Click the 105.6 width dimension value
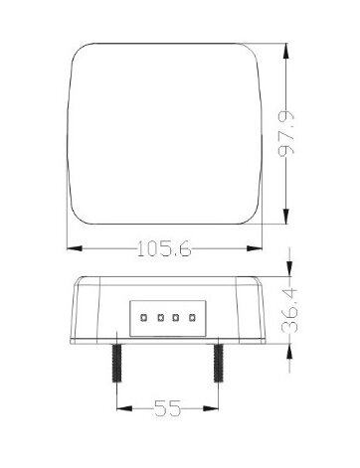tap(164, 248)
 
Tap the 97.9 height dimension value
tap(286, 134)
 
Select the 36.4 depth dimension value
tap(289, 311)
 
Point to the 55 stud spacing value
tap(168, 408)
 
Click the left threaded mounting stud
tap(116, 363)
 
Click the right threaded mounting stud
tap(218, 363)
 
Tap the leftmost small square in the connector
tap(144, 318)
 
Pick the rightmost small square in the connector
tap(191, 318)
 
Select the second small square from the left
tap(161, 318)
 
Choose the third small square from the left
tap(175, 318)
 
